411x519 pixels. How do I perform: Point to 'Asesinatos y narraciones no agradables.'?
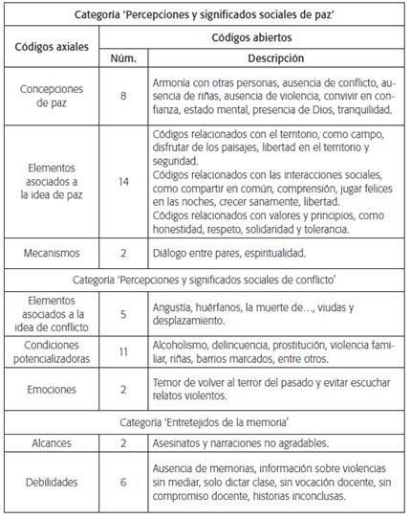coord(252,443)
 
